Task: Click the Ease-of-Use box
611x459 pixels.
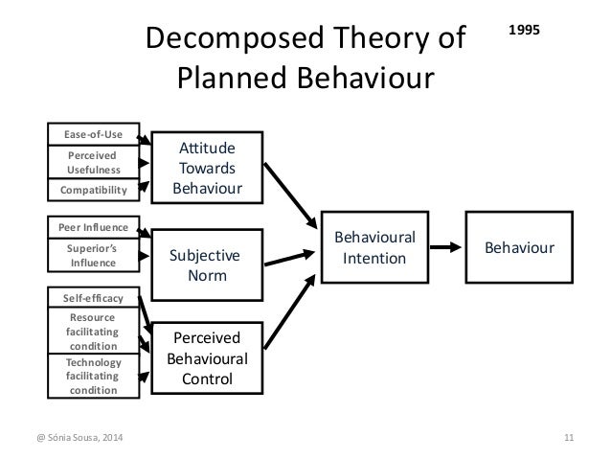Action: [x=94, y=135]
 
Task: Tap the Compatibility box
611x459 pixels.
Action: [x=94, y=190]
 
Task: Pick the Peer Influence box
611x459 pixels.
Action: [x=94, y=227]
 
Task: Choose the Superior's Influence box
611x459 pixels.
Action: [x=94, y=254]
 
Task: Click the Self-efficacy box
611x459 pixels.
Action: [x=94, y=298]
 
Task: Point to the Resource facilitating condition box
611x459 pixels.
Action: [x=94, y=330]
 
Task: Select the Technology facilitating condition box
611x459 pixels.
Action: [x=94, y=376]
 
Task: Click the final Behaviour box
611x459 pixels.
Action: [x=520, y=247]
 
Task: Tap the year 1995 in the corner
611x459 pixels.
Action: [x=524, y=30]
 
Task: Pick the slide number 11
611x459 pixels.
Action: [x=568, y=439]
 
